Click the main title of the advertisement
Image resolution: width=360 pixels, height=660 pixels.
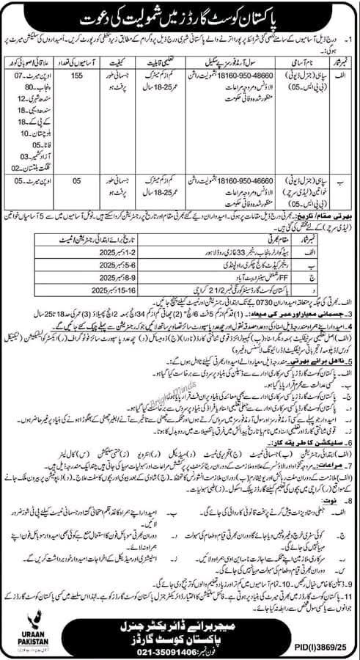(x=180, y=15)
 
